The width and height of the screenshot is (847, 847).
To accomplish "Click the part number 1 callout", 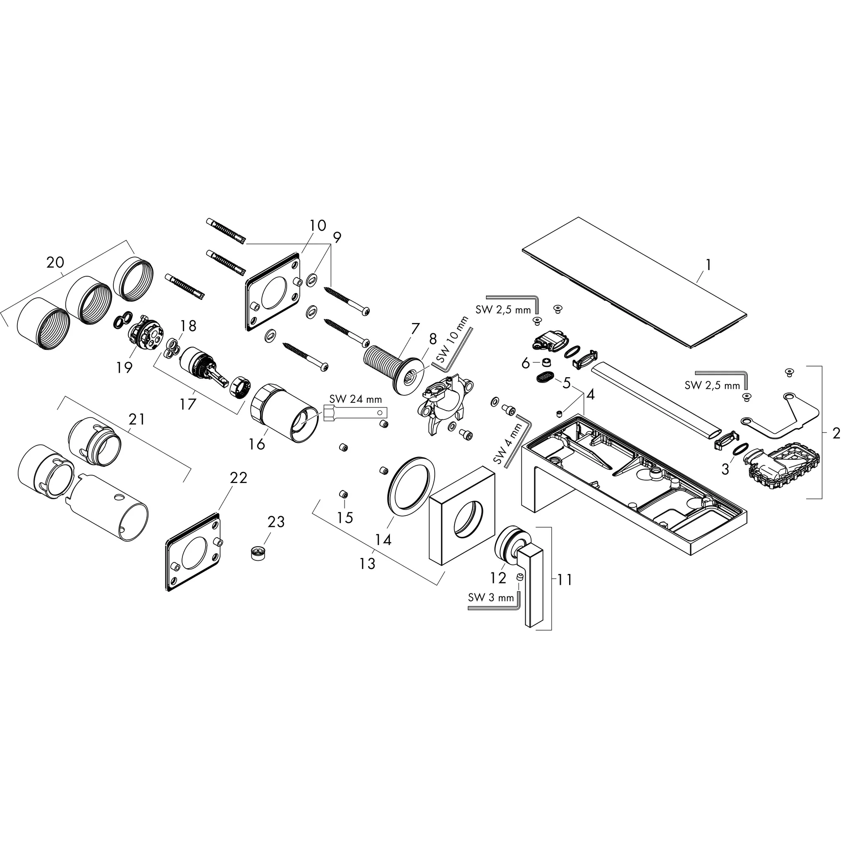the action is point(708,265).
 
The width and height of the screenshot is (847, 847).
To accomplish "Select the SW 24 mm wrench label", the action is point(355,400).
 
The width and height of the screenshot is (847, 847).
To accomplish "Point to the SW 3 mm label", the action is point(490,597).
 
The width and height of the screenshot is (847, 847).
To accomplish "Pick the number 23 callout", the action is point(276,522).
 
